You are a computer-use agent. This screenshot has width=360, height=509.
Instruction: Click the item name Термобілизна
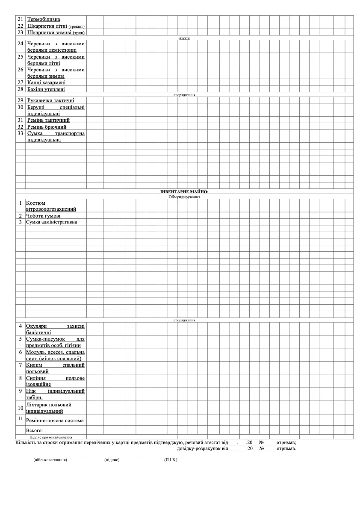pyautogui.click(x=44, y=19)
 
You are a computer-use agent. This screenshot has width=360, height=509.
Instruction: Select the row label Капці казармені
pyautogui.click(x=46, y=82)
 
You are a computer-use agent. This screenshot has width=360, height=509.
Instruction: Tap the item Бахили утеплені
pyautogui.click(x=46, y=89)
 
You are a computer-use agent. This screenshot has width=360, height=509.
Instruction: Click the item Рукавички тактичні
pyautogui.click(x=50, y=100)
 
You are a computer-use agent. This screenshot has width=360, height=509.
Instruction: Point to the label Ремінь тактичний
pyautogui.click(x=48, y=120)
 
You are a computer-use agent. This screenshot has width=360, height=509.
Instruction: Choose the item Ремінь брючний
pyautogui.click(x=47, y=127)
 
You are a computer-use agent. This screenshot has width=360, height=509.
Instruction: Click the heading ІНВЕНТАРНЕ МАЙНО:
pyautogui.click(x=184, y=192)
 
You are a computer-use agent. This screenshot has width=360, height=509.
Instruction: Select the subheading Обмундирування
pyautogui.click(x=184, y=197)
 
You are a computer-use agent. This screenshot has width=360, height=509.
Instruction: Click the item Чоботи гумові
pyautogui.click(x=43, y=216)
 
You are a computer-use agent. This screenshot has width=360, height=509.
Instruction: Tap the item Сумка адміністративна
pyautogui.click(x=51, y=222)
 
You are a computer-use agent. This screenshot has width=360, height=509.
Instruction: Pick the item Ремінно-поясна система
pyautogui.click(x=55, y=421)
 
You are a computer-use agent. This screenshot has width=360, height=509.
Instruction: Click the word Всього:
pyautogui.click(x=35, y=430)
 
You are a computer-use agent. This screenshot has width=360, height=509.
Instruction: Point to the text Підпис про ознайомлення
pyautogui.click(x=50, y=437)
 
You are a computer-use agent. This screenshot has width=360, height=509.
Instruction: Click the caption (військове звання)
pyautogui.click(x=48, y=460)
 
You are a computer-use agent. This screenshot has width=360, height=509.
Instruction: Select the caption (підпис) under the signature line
pyautogui.click(x=112, y=460)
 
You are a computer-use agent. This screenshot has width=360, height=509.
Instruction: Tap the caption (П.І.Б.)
pyautogui.click(x=171, y=460)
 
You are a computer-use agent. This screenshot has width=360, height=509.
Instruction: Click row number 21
pyautogui.click(x=20, y=19)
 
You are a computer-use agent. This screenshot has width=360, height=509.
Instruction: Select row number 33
pyautogui.click(x=20, y=133)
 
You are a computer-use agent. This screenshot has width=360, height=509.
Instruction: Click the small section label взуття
pyautogui.click(x=184, y=38)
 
